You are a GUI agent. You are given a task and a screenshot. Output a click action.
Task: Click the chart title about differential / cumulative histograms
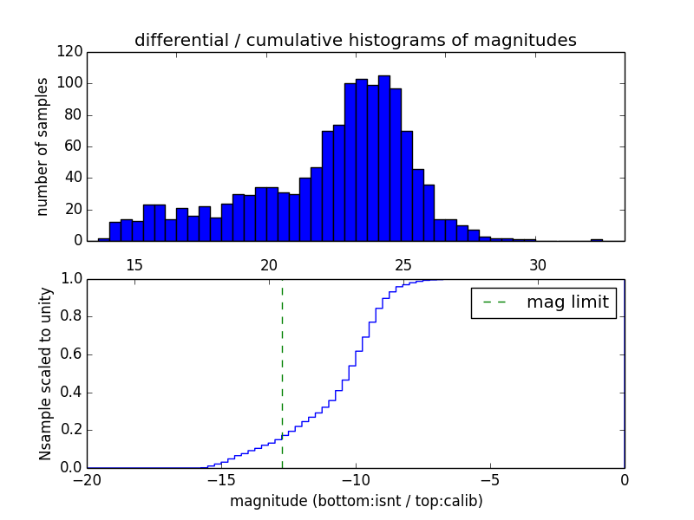[356, 40]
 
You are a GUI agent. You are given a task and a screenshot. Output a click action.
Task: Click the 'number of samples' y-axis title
[43, 146]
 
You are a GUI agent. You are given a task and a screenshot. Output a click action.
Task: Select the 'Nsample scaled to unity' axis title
[45, 374]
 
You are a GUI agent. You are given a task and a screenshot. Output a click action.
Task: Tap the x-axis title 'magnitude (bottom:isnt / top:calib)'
[356, 501]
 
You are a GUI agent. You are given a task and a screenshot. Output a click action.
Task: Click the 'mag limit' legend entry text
[567, 302]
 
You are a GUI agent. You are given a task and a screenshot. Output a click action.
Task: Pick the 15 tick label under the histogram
[134, 264]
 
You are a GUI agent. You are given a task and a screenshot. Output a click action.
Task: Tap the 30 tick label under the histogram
[538, 264]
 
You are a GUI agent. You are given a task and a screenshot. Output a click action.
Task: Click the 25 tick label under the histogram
[403, 264]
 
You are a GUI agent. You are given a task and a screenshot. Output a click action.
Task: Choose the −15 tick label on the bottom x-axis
[220, 479]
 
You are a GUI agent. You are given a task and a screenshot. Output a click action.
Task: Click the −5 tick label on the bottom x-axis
[489, 479]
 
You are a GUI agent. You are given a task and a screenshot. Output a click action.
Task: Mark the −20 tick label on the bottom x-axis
[86, 479]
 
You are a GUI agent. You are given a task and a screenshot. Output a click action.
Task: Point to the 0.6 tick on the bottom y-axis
[71, 354]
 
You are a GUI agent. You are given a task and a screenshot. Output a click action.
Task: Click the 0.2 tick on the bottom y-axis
[71, 430]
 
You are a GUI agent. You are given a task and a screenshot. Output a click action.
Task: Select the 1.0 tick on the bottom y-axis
[71, 279]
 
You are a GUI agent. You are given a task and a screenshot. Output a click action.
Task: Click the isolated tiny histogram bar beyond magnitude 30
[597, 239]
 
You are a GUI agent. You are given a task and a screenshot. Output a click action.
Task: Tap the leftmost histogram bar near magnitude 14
[103, 239]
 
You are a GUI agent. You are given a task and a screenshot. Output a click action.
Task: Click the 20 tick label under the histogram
[269, 264]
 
